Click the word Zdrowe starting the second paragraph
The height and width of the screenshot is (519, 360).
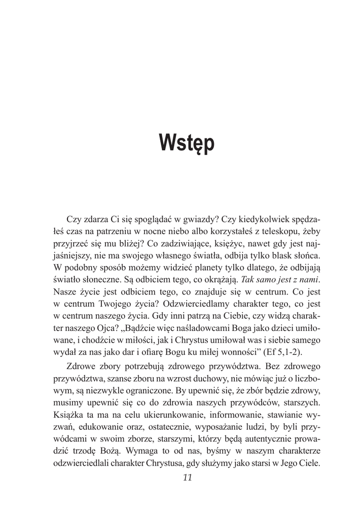pos(81,366)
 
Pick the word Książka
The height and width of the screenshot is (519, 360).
pos(70,415)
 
